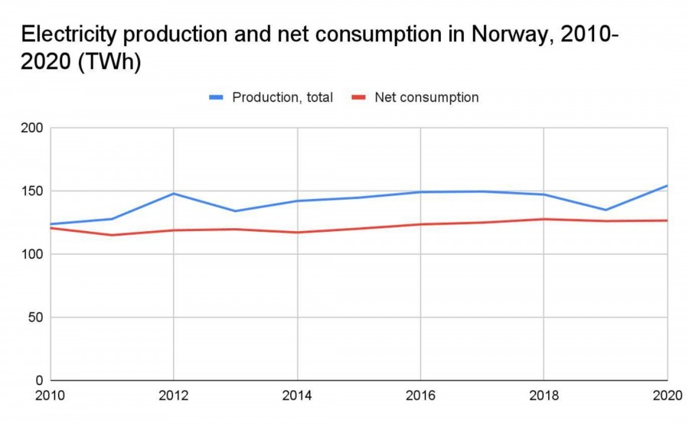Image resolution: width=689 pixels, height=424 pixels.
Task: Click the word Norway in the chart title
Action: pos(507,34)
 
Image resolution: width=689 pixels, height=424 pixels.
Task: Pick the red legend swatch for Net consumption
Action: pos(359,98)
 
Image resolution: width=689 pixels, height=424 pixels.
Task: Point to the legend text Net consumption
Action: pos(426,98)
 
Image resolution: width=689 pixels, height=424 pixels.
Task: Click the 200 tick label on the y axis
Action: pos(31,128)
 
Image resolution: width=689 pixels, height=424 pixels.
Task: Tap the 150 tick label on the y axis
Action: pos(31,191)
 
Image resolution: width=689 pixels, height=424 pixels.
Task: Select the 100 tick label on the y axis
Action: pos(31,254)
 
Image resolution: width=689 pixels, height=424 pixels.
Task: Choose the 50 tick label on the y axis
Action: pos(35,317)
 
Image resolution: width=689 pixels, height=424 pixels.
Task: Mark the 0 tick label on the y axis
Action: pos(39,380)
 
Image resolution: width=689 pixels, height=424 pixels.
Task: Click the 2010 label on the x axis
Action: pos(51,396)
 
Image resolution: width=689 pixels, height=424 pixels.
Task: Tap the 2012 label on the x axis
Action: pos(174,396)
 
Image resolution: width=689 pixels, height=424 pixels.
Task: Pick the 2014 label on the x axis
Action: pos(297,396)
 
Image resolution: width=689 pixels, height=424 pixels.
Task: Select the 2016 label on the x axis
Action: pos(420,396)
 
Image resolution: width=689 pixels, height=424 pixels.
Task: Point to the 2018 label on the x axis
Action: pos(544,396)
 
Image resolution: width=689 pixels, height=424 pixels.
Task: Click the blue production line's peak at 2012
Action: pos(174,194)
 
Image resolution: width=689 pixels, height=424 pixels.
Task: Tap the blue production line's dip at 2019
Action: pos(606,210)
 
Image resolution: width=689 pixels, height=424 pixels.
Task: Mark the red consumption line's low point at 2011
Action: pos(112,235)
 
